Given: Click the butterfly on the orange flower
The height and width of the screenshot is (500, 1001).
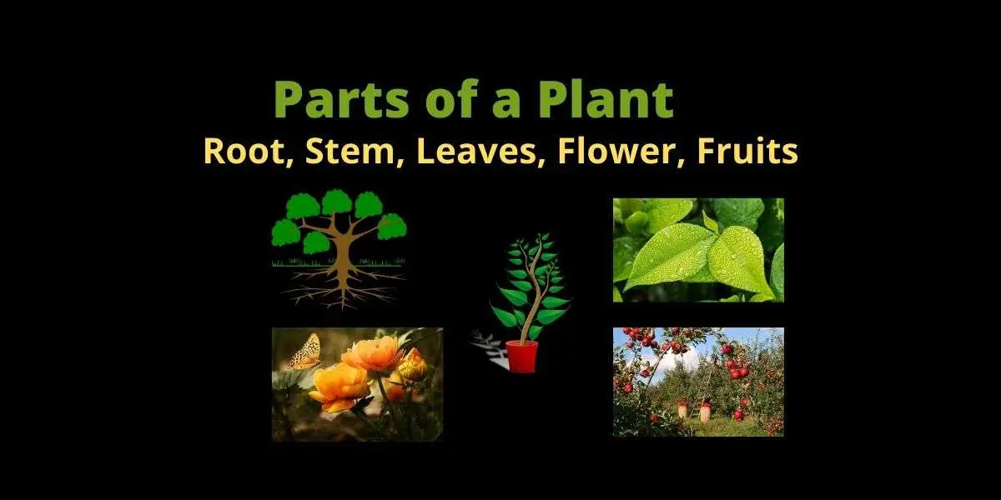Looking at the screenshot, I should (x=304, y=352).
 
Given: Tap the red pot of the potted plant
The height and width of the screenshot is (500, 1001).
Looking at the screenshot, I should (x=521, y=356).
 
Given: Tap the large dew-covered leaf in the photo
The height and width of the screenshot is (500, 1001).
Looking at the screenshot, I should (x=667, y=254).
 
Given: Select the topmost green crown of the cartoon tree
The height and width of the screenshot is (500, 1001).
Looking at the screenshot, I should (x=336, y=202).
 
